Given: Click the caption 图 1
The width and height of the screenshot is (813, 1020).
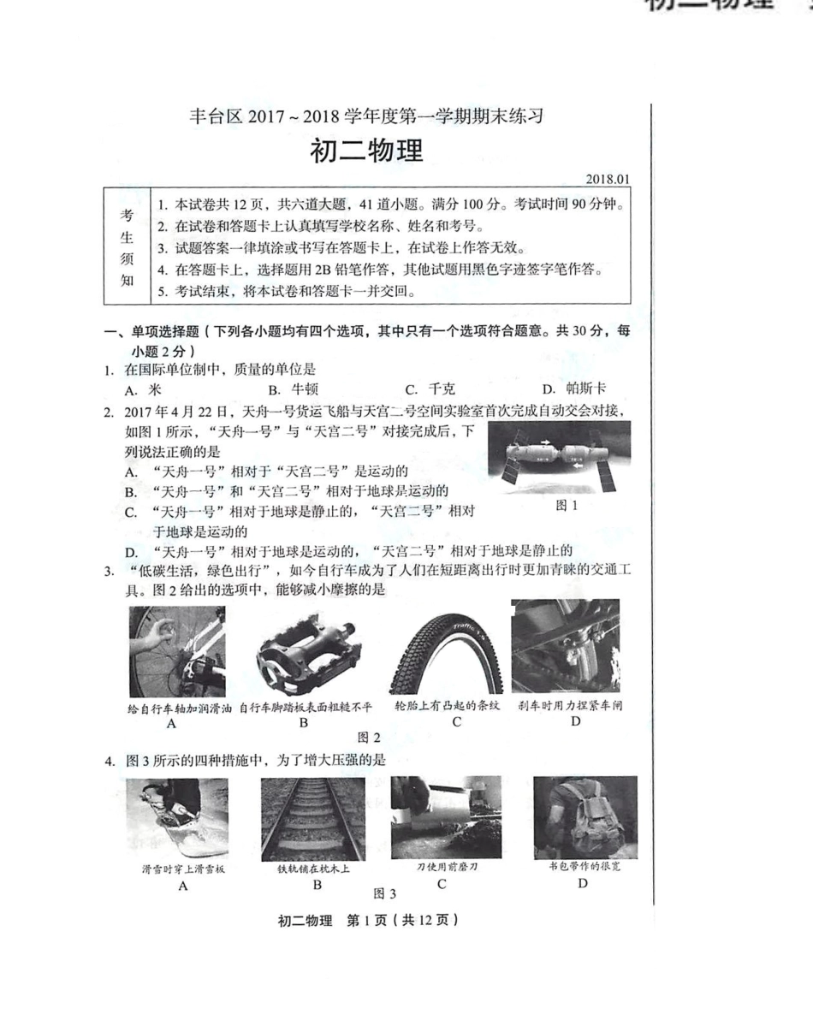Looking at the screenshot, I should (567, 505).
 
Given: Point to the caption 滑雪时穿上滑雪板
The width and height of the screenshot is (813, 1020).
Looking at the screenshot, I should (182, 869).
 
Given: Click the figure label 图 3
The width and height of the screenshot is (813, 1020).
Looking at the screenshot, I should (385, 893).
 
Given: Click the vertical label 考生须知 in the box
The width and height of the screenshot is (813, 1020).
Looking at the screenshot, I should (127, 247).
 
